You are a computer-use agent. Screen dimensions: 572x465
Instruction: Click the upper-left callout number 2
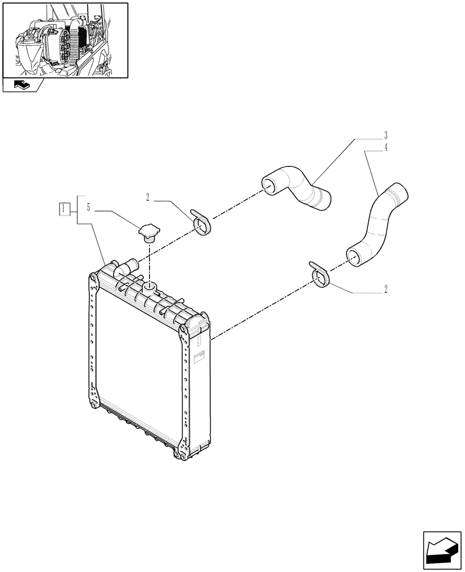[148, 198]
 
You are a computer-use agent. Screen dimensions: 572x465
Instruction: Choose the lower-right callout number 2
[386, 289]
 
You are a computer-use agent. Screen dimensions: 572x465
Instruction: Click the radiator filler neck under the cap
[150, 285]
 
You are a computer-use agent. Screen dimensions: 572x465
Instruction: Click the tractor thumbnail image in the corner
[65, 40]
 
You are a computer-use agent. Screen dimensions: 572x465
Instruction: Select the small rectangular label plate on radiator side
[199, 359]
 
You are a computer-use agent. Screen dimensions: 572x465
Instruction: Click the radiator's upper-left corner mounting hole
[92, 279]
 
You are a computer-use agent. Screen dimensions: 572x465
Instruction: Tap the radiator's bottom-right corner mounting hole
[182, 455]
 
